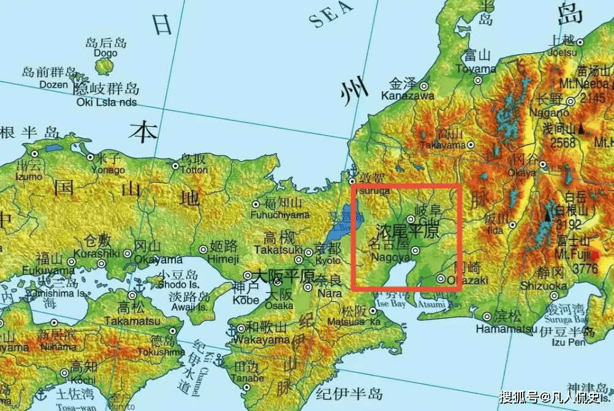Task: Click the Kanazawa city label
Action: tap(407, 95)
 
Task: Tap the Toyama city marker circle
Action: tap(477, 80)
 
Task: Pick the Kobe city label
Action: tap(246, 300)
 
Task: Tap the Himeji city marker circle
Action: tap(203, 249)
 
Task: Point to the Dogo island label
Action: tap(105, 53)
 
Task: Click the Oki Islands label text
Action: tap(107, 102)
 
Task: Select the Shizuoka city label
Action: tap(544, 285)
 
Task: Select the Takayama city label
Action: tap(444, 145)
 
